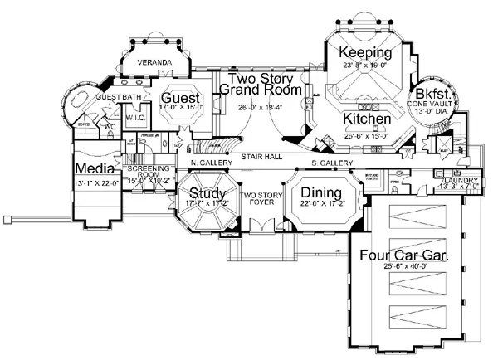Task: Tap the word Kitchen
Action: [x=367, y=119]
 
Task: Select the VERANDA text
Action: [x=154, y=63]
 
